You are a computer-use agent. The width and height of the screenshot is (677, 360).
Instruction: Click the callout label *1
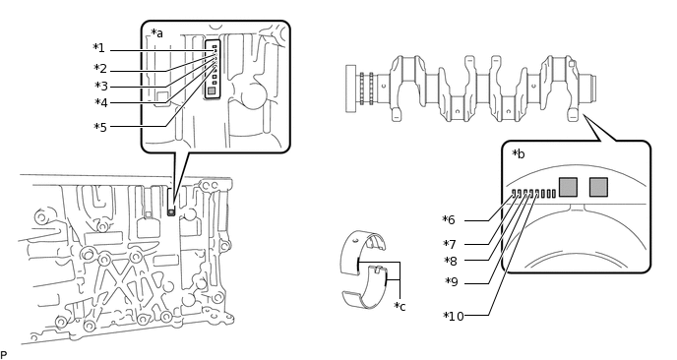point(98,48)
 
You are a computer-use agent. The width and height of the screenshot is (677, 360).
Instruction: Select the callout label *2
point(100,69)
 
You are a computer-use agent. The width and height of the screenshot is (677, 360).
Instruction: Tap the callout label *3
point(101,87)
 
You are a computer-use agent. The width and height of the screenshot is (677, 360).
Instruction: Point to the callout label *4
point(101,102)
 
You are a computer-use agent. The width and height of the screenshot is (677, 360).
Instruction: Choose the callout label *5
point(100,127)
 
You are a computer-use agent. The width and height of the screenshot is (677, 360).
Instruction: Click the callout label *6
point(449,220)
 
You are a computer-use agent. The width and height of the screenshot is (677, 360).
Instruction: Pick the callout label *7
point(450,245)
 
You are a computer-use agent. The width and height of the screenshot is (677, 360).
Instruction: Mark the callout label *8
point(451,262)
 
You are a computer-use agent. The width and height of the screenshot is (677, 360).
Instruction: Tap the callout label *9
point(452,282)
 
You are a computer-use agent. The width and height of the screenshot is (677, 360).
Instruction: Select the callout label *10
point(454,317)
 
